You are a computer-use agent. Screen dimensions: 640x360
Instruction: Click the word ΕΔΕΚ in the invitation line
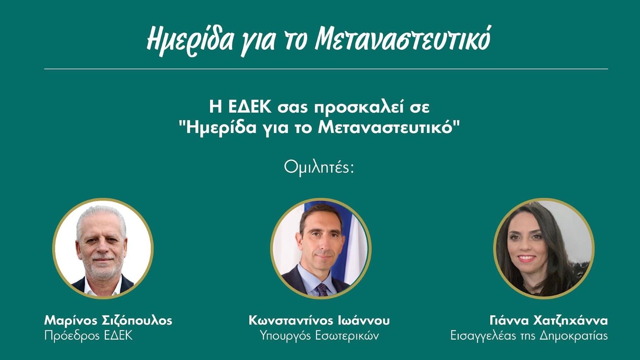250,107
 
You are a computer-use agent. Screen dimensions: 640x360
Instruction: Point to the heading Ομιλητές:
319,167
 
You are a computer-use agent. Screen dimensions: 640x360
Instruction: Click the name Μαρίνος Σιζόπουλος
108,321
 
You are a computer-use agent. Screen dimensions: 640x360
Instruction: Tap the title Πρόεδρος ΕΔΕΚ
88,336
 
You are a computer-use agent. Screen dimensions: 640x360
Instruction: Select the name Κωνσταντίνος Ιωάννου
319,320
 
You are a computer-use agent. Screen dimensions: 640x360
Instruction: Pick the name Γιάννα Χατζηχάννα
548,321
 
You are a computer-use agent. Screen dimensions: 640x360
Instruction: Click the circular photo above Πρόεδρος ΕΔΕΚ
103,248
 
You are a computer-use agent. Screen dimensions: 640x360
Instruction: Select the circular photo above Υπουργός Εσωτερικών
321,248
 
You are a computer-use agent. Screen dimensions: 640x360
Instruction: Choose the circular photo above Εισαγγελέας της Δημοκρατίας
544,248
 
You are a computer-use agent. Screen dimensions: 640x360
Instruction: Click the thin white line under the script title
326,69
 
